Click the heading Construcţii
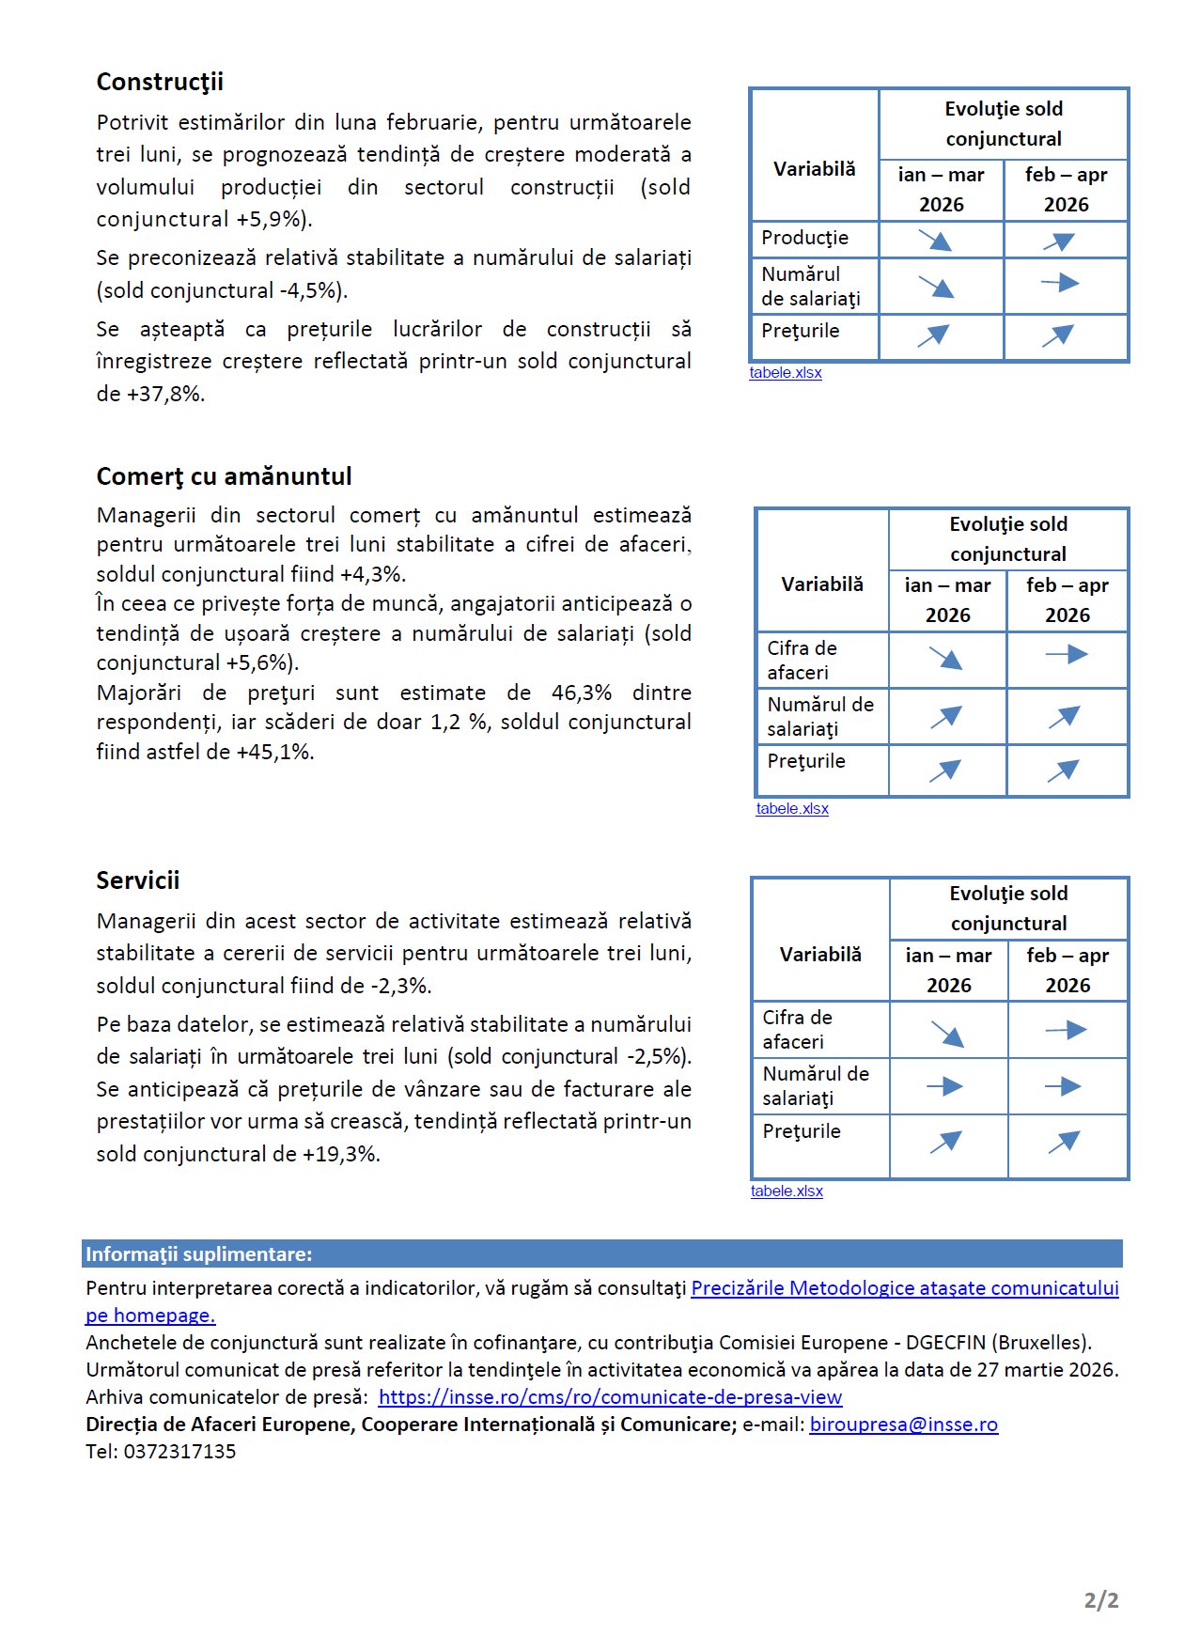coord(160,82)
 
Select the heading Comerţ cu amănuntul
coord(224,476)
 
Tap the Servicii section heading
coord(137,880)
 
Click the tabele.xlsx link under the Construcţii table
coord(786,373)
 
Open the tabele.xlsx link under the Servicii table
coord(787,1191)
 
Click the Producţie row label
coord(804,238)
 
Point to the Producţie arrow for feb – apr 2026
coord(1059,241)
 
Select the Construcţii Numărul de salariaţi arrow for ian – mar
coord(936,286)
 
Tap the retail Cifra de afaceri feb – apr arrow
coord(1067,654)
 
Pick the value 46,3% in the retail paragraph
coord(581,693)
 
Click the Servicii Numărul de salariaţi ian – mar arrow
coord(944,1086)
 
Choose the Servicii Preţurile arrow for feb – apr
coord(1064,1142)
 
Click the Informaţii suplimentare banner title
coord(198,1254)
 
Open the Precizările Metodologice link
coord(904,1288)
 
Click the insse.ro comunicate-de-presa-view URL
coord(610,1397)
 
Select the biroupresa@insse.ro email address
coord(903,1425)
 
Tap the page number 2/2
coord(1100,1600)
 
